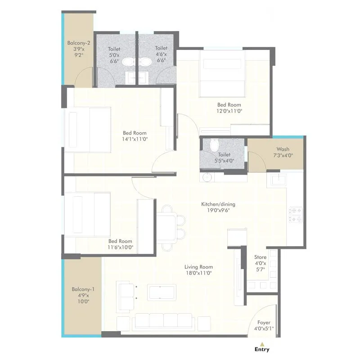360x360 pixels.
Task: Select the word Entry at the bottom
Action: coord(262,349)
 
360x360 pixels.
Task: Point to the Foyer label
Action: coord(264,325)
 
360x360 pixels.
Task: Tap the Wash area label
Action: coord(283,152)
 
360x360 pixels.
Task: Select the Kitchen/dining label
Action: coord(218,207)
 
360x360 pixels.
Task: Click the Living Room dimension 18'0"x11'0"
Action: coord(198,273)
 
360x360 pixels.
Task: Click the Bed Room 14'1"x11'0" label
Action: coord(135,136)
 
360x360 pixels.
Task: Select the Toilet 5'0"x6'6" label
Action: coord(114,55)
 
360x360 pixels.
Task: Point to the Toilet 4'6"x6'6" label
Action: coord(161,54)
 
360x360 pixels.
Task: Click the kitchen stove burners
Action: coord(296,214)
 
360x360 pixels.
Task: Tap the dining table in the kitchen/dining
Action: coord(167,227)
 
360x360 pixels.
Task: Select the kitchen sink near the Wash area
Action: coord(278,180)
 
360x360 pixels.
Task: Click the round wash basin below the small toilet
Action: coord(207,177)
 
